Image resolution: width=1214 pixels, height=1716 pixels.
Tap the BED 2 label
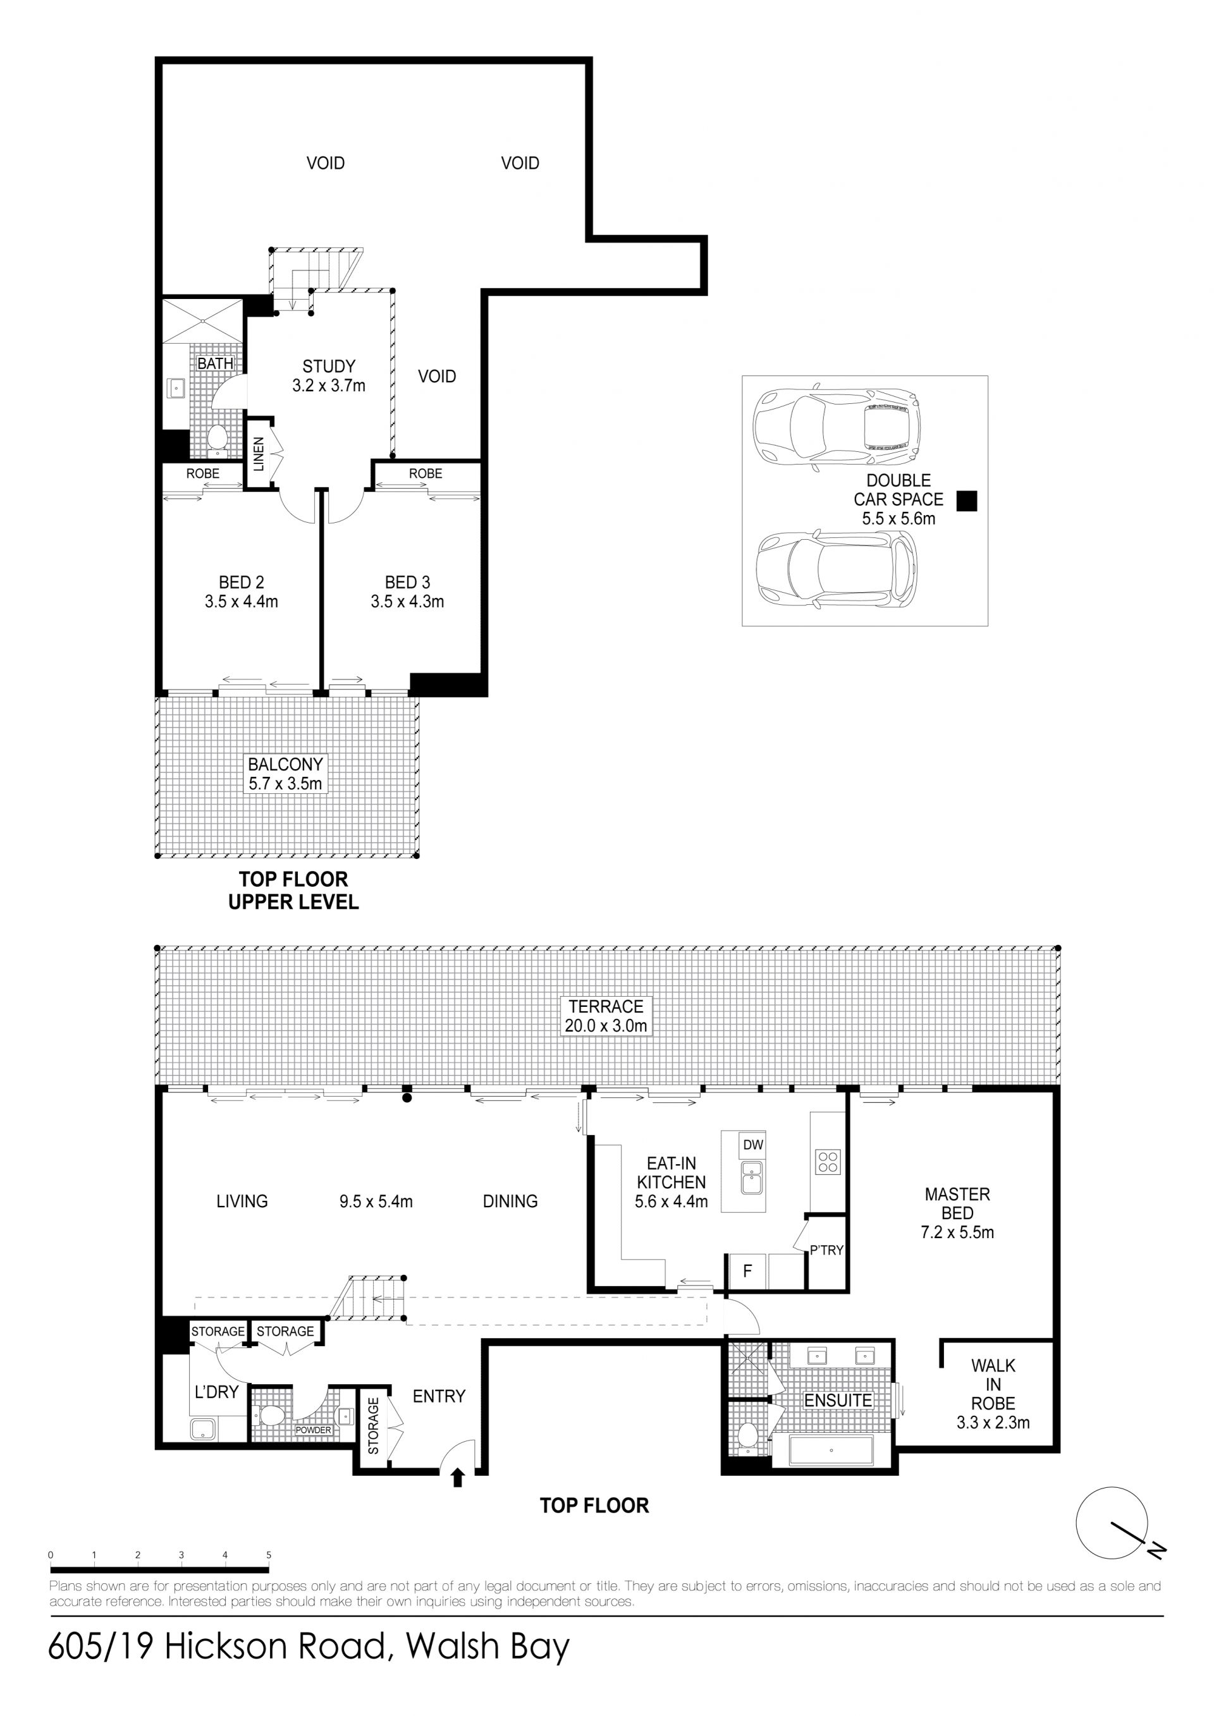pos(241,582)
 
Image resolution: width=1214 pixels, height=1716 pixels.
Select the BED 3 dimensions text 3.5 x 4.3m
pos(407,602)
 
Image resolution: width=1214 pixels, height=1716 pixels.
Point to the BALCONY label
pos(286,765)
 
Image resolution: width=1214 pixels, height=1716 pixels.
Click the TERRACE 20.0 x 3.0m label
pos(606,1016)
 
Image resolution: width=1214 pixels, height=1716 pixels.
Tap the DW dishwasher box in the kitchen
pos(753,1145)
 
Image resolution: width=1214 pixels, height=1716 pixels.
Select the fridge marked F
pos(747,1270)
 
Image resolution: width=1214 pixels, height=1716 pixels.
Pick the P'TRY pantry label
pos(827,1250)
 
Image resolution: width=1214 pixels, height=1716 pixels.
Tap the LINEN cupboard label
pos(259,454)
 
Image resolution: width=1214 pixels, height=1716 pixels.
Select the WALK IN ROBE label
pos(993,1394)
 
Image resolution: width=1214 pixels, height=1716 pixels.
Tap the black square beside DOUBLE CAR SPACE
pos(967,501)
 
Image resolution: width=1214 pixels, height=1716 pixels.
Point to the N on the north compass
pos(1156,1552)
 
